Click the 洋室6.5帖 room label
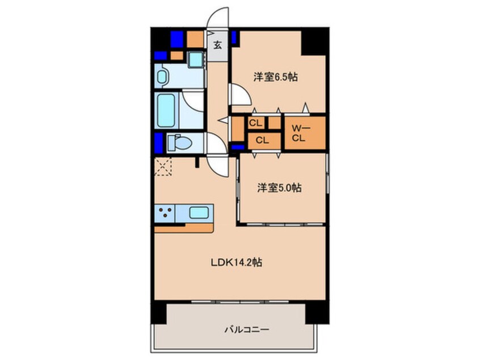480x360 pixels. coord(276,77)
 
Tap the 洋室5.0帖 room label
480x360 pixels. coord(279,187)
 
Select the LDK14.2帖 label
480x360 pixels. coord(236,262)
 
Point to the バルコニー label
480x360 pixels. coord(247,330)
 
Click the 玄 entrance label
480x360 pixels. coord(217,45)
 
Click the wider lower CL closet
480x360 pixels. coord(262,140)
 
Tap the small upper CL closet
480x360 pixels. coord(256,123)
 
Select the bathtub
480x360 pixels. coord(166,110)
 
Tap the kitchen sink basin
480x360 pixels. coord(199,212)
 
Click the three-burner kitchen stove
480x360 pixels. coord(165,213)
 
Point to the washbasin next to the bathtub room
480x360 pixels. coord(162,76)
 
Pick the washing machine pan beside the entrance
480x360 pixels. coord(195,59)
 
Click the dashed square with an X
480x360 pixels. coord(163,167)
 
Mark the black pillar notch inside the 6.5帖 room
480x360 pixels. coord(313,43)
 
